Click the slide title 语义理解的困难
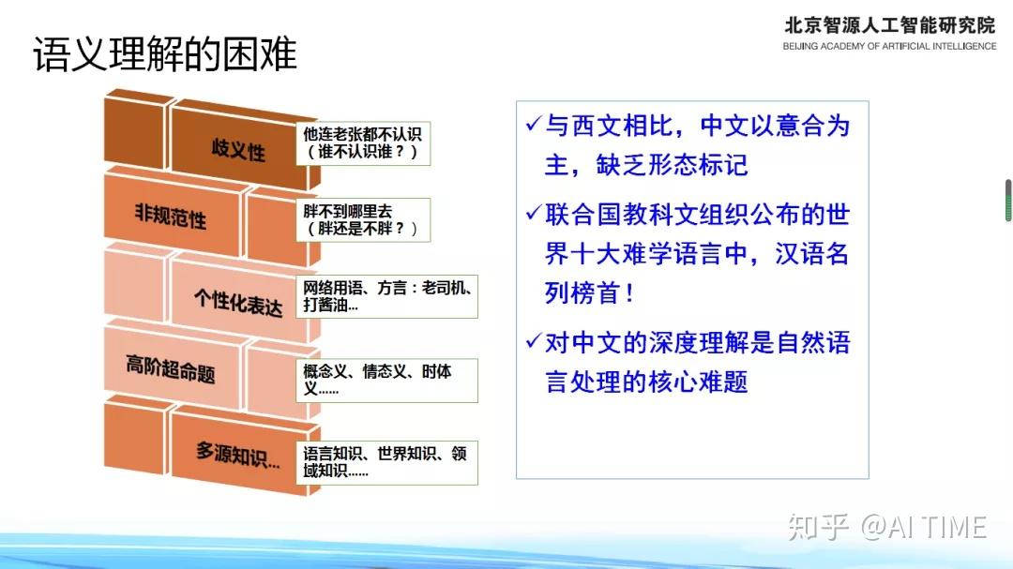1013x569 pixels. (x=165, y=56)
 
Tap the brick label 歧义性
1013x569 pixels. (x=238, y=149)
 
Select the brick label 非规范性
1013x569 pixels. (x=170, y=217)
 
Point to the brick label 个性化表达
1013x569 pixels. (x=238, y=300)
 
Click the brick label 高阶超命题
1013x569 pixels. (x=170, y=368)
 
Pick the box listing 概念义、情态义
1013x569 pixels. (x=386, y=380)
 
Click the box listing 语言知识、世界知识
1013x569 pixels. (x=386, y=462)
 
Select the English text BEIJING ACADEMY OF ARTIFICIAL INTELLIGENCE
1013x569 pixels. (x=889, y=46)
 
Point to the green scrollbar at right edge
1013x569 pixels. (x=1008, y=201)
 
